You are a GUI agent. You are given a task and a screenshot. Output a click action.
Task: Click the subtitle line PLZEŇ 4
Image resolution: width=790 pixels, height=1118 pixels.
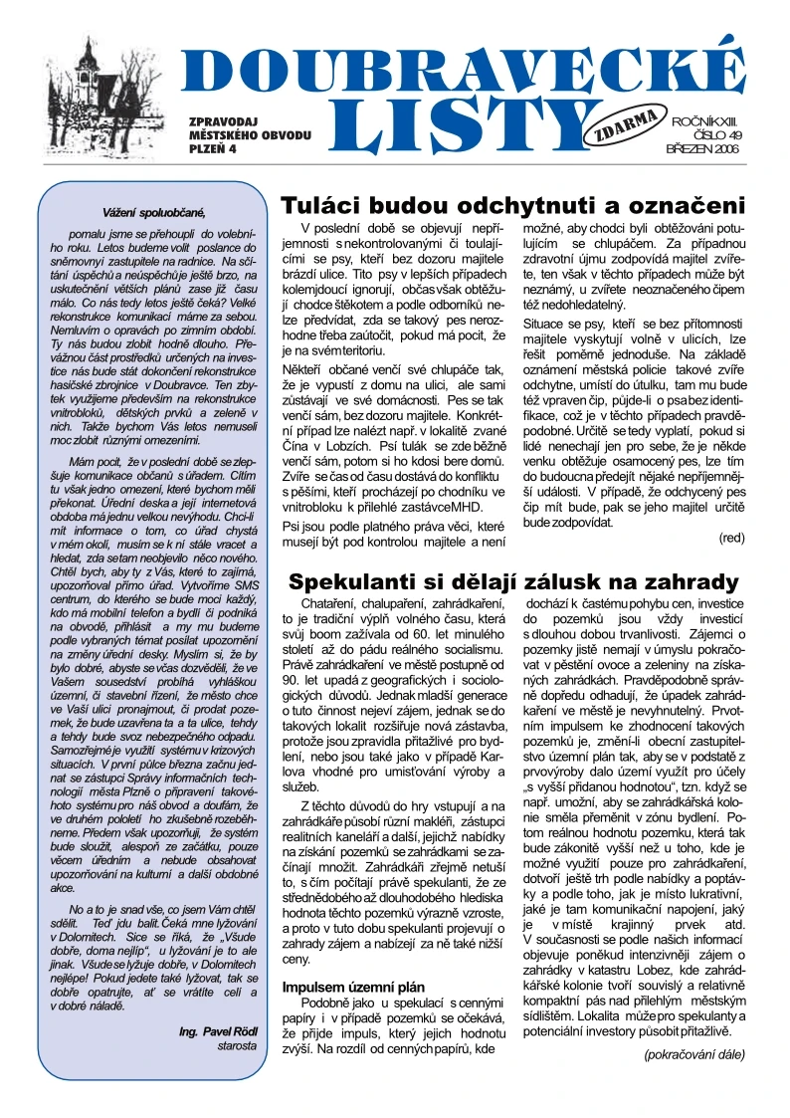(x=211, y=148)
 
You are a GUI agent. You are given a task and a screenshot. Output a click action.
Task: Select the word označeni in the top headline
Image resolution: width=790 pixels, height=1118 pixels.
(x=688, y=206)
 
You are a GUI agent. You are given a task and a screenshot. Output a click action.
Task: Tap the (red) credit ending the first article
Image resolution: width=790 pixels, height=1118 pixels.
(x=730, y=538)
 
